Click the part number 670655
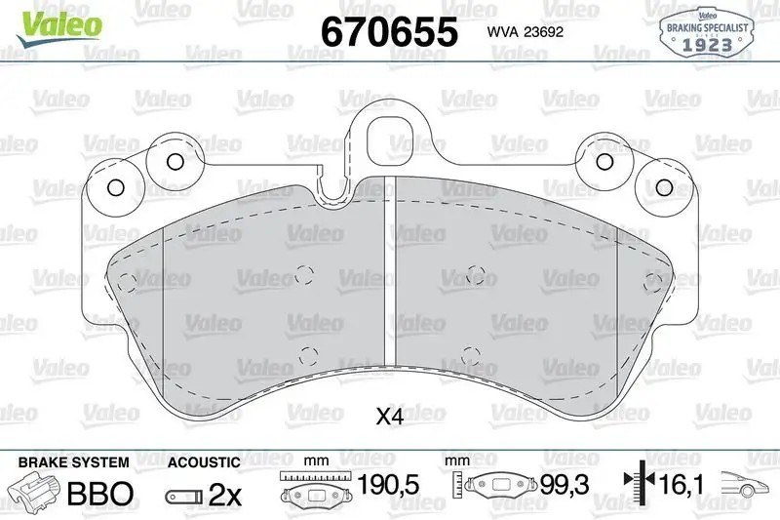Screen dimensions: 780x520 tap(389, 31)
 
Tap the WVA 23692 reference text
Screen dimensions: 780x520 tap(526, 32)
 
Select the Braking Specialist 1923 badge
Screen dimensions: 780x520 tap(706, 31)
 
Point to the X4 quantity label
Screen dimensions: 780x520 tap(389, 417)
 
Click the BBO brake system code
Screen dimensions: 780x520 tap(100, 494)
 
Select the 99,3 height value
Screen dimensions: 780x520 tap(565, 484)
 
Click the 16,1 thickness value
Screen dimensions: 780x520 tap(682, 484)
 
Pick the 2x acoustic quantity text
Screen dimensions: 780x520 tap(225, 495)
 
